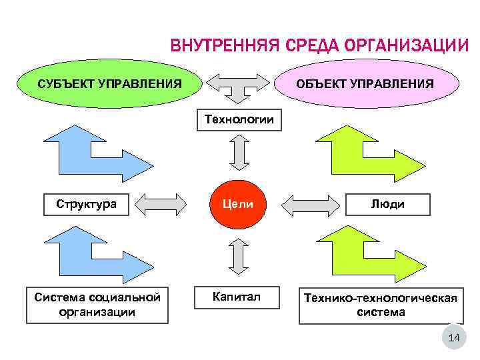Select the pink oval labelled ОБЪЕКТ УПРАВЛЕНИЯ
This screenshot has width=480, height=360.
coord(365,84)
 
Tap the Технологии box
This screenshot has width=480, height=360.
coord(239,120)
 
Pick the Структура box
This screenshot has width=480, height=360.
coord(87,204)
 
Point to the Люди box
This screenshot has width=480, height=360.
coord(388,204)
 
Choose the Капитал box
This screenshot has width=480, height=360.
coord(236,296)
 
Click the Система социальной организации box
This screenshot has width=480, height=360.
coord(97,305)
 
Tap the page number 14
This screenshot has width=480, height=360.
coord(455,339)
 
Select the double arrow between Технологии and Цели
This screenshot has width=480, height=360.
coord(238,154)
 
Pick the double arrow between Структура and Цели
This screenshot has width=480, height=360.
coord(161,204)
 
